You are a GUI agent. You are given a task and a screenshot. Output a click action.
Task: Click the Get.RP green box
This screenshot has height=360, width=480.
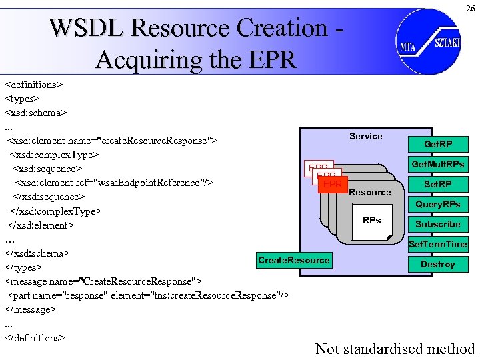[x=437, y=144]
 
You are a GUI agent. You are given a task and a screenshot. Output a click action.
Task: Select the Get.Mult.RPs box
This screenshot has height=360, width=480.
[x=437, y=164]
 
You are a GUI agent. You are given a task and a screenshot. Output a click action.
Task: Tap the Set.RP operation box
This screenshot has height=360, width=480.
[x=437, y=184]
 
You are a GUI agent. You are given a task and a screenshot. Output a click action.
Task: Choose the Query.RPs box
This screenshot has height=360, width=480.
[x=437, y=204]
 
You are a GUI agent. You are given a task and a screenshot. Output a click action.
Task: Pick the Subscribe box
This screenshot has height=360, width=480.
[x=437, y=224]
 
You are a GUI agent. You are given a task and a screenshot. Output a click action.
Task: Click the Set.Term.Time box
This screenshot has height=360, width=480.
[x=437, y=244]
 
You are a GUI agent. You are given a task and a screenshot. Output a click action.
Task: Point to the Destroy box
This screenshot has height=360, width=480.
[x=437, y=264]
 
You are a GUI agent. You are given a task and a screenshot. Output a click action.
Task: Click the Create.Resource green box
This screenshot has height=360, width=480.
[x=293, y=260]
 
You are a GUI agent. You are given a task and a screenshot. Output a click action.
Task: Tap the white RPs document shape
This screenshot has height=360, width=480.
[x=372, y=223]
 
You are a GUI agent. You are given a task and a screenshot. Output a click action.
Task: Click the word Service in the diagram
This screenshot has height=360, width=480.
[x=366, y=136]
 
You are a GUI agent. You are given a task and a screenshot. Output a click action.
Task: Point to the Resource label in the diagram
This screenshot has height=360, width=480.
[x=369, y=192]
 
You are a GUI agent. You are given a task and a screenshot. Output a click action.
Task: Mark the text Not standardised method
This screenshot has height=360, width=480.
[x=395, y=348]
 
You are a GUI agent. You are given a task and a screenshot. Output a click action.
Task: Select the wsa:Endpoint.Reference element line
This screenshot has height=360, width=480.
[x=113, y=183]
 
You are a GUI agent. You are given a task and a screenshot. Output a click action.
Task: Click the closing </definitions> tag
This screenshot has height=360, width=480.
[x=35, y=337]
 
